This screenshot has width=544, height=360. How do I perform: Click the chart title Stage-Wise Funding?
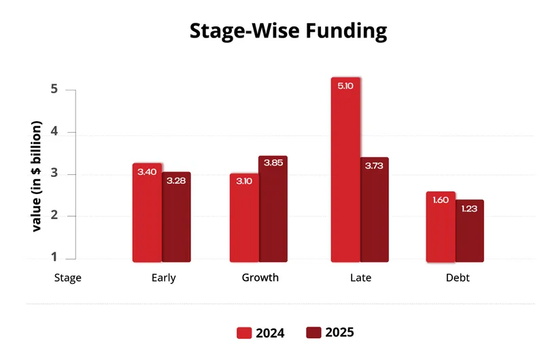coord(288,31)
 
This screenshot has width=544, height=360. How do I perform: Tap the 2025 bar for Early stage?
coord(176,217)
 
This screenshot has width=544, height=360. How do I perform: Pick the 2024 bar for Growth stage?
coord(244,218)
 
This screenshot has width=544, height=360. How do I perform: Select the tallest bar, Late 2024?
coord(345,169)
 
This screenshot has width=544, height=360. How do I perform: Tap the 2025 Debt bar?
coord(470,231)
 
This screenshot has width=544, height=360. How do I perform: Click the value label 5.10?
coord(345,86)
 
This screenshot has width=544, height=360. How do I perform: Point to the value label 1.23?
coord(470,209)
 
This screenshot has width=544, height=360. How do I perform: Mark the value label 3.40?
coord(147,172)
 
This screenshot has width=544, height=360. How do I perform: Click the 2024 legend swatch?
coord(244,333)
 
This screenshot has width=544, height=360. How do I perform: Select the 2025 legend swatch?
coord(313,333)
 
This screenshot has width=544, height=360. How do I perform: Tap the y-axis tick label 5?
coord(52,90)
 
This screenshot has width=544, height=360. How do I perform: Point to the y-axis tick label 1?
coord(52,259)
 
